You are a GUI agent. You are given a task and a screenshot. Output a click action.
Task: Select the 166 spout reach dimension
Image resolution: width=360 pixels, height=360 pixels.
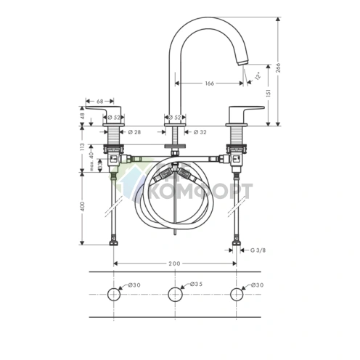[x=209, y=83]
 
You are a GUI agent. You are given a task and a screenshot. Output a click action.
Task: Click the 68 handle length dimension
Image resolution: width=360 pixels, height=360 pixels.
[x=100, y=101]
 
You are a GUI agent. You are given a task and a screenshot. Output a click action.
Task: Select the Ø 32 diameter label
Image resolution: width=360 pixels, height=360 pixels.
[x=201, y=132]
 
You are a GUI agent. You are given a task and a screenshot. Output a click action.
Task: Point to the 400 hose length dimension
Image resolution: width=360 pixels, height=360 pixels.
[x=83, y=207]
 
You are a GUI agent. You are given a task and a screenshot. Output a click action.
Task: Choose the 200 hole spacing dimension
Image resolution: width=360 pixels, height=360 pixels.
[x=174, y=264]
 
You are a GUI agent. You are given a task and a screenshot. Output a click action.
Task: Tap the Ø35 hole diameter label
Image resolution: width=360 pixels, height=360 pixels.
[x=195, y=285]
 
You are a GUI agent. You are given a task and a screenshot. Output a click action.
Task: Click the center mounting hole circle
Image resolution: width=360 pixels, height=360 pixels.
[x=174, y=294]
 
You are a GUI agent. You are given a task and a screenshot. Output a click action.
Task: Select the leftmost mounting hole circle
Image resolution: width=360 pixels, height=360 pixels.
[x=114, y=294]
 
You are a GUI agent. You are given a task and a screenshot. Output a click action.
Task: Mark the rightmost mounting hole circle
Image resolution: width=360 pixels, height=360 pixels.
[x=235, y=294]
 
